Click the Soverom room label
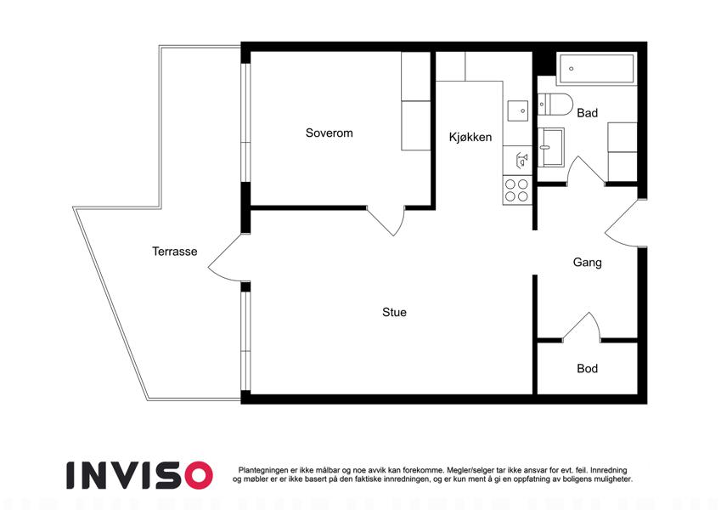[x=330, y=133]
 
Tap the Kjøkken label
[x=470, y=137]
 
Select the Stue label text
[x=395, y=313]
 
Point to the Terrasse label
[x=175, y=252]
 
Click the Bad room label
[x=587, y=113]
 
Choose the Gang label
[x=587, y=263]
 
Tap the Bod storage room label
[x=587, y=369]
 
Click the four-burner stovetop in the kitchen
[x=517, y=190]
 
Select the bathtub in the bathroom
[x=596, y=69]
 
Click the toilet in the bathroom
[x=555, y=105]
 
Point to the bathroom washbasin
[x=550, y=147]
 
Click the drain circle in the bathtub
[x=571, y=69]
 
